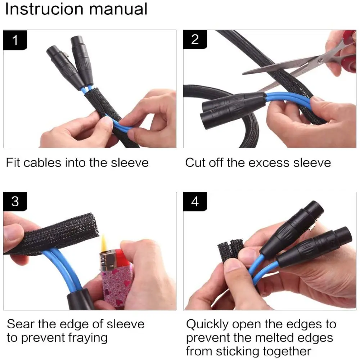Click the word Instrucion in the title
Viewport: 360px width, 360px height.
44,9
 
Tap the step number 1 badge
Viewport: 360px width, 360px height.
15,40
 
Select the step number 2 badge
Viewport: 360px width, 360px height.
195,40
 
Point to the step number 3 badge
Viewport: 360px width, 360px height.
15,201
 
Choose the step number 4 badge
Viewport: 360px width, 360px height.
195,201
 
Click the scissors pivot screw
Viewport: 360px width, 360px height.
320,61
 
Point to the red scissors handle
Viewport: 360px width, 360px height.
350,53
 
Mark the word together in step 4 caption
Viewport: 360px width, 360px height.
287,351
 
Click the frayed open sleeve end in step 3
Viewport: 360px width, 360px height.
93,226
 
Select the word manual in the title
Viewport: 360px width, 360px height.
118,9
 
